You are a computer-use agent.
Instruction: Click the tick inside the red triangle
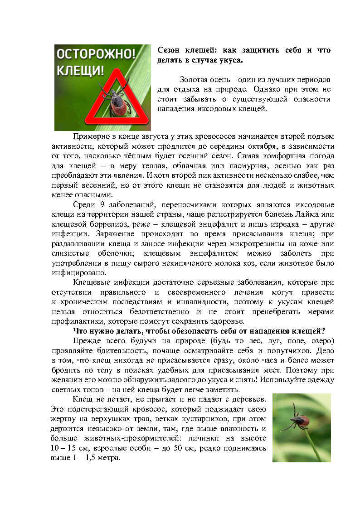click(117, 101)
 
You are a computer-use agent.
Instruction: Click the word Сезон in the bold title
click(168, 50)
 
